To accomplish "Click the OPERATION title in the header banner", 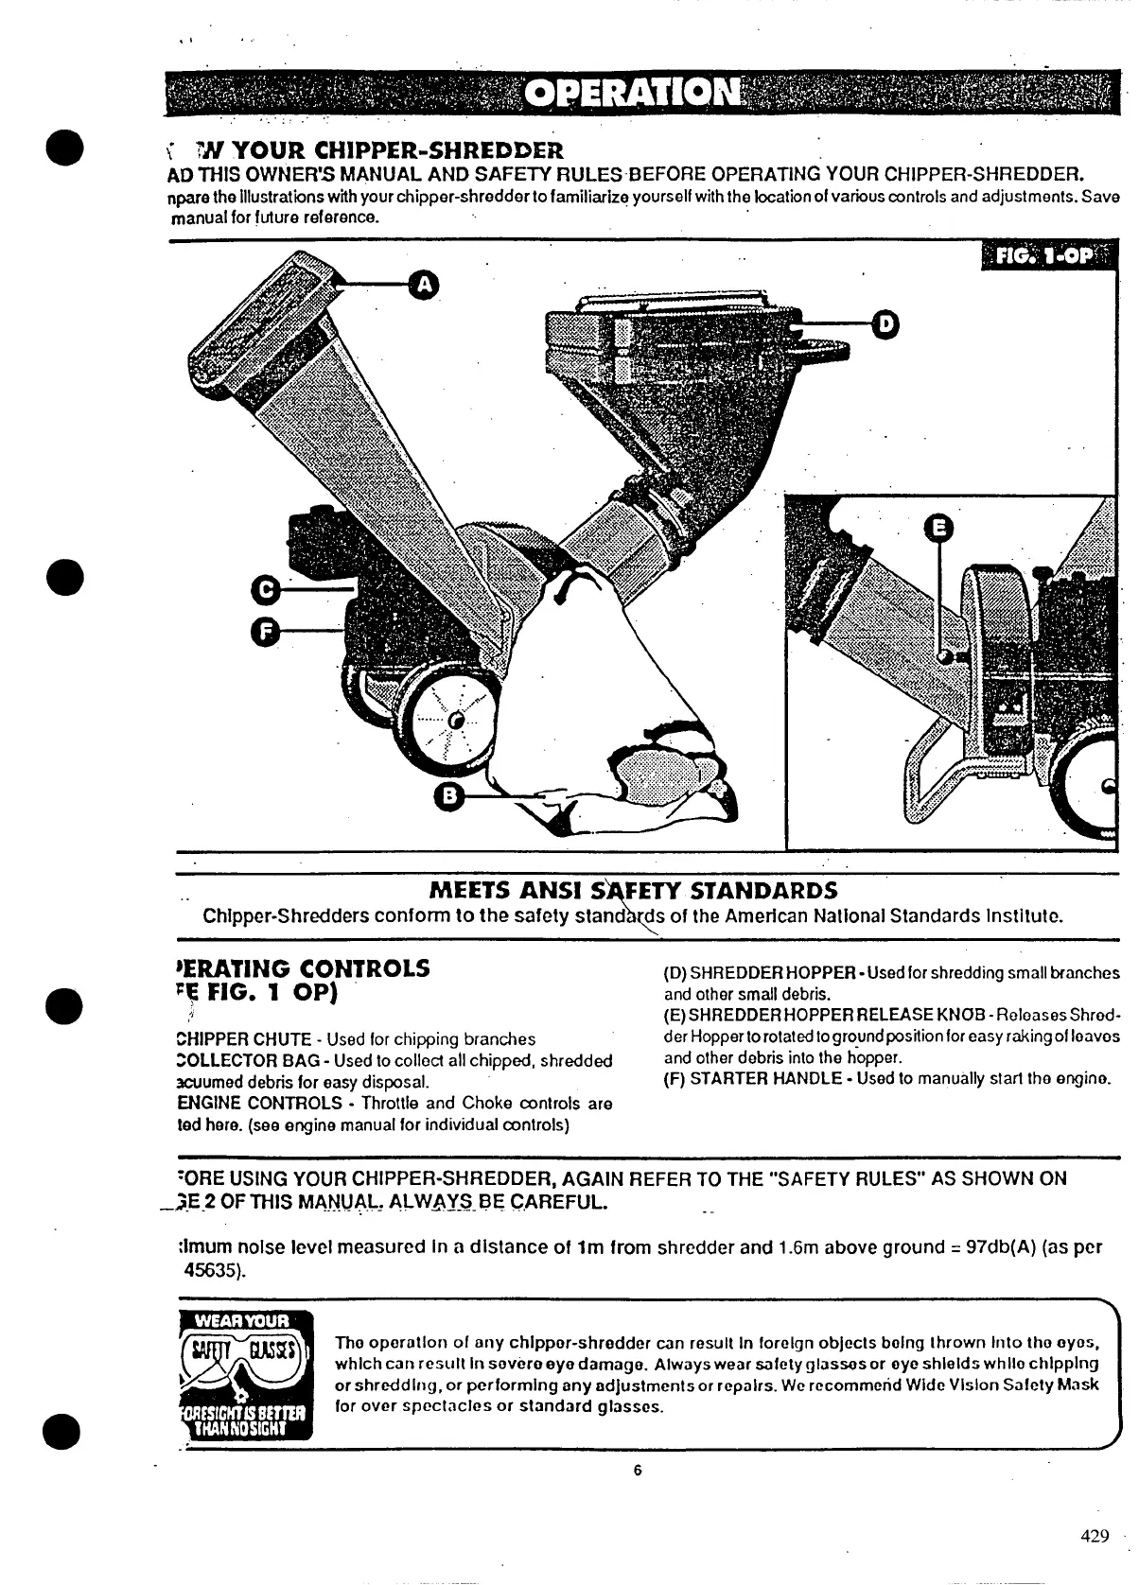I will [632, 93].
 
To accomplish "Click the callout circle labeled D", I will [885, 323].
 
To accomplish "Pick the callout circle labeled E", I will [938, 530].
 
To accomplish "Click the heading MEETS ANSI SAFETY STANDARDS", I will [633, 891].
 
